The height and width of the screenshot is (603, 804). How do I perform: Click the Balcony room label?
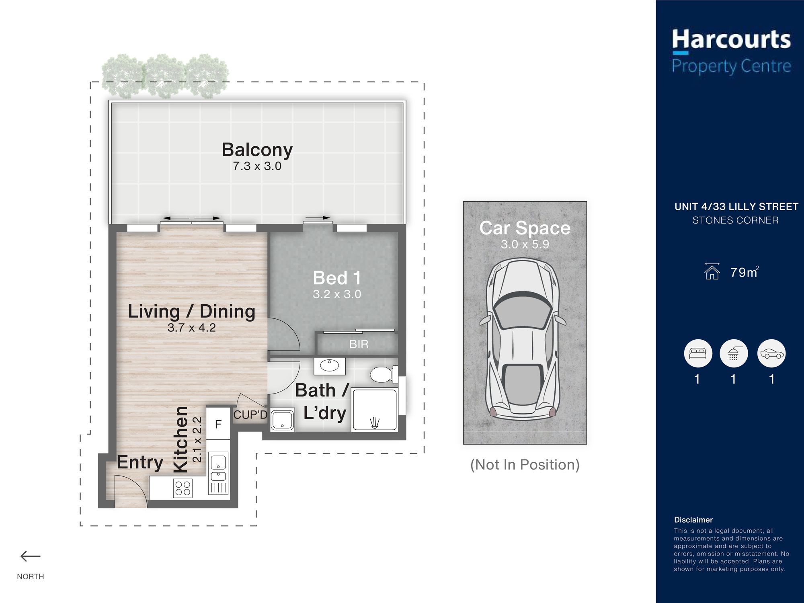tap(257, 150)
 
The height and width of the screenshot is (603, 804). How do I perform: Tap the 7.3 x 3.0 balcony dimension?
tap(257, 166)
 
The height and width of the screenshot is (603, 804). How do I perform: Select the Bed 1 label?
tap(337, 278)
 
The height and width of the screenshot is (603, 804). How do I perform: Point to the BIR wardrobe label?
tap(359, 344)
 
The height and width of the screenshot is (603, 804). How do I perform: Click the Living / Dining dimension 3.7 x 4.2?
tap(192, 328)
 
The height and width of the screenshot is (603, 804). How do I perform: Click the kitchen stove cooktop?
tap(183, 489)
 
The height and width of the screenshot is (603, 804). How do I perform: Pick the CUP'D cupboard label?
tap(250, 415)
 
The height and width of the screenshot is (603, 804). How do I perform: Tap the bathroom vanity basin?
tap(330, 366)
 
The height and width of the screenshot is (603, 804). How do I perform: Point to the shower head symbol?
tap(375, 423)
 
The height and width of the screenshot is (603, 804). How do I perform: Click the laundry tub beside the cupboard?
tap(282, 420)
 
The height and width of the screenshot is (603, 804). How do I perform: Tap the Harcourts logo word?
tap(731, 40)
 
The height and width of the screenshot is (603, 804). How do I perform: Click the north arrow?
tap(31, 557)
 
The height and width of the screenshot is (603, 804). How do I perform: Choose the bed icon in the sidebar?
tap(698, 354)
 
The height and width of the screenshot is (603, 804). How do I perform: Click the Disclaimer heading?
tap(693, 520)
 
